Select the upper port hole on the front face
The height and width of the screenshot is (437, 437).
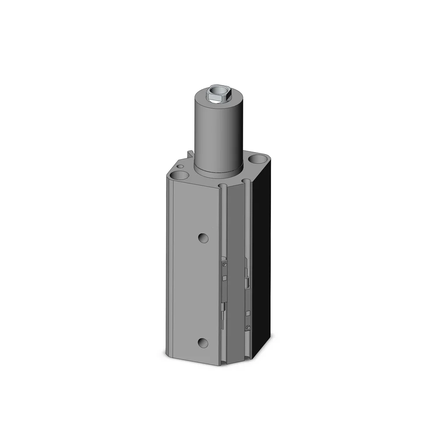pos(202,238)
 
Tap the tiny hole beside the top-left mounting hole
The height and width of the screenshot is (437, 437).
pos(180,166)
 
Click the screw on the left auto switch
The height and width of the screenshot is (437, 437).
pos(224,264)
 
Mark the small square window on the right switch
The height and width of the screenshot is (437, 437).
pos(248,313)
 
